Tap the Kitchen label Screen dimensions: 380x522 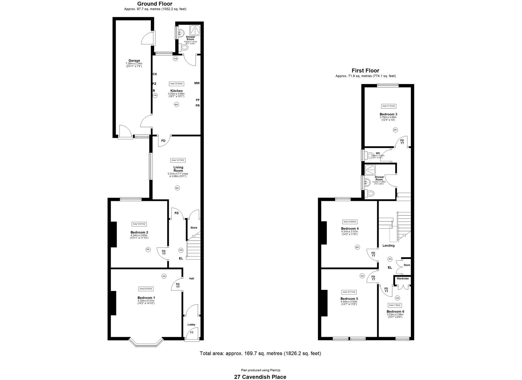(176, 91)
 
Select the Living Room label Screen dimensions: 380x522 (178, 169)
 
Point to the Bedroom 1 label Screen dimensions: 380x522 (146, 298)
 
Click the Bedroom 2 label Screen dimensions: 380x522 (139, 232)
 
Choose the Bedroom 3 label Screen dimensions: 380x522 (388, 114)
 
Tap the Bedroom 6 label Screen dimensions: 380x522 (395, 311)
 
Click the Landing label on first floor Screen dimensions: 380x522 (388, 246)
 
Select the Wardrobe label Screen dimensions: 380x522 (402, 278)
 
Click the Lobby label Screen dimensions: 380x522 (191, 324)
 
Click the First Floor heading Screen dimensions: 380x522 (365, 71)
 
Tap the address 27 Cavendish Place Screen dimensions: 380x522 (260, 377)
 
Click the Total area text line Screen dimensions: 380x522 (260, 353)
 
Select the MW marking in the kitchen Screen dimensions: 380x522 (197, 83)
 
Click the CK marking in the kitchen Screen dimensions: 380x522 (155, 74)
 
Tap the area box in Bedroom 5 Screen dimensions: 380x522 (349, 292)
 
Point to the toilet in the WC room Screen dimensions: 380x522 (369, 155)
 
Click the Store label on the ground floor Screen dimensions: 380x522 (194, 228)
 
